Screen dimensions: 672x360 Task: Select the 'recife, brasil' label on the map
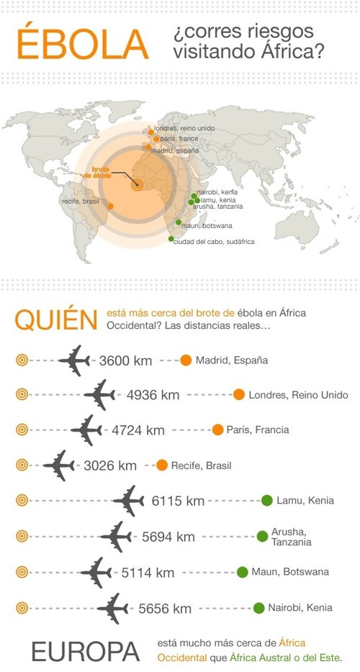tap(81, 201)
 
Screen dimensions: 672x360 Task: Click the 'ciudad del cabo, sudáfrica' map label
tap(214, 242)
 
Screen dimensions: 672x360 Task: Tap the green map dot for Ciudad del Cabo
tap(171, 239)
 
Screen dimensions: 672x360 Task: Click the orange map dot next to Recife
tap(111, 206)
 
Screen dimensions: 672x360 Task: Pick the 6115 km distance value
tap(178, 501)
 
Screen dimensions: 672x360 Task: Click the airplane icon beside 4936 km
tap(99, 395)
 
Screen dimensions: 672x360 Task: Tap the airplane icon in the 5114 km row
tap(96, 573)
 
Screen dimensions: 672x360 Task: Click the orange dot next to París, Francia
tap(217, 430)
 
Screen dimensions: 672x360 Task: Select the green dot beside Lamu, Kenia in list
tap(267, 501)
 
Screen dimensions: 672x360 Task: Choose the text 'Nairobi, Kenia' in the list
tap(300, 608)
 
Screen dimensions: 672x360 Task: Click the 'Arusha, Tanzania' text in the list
tap(292, 537)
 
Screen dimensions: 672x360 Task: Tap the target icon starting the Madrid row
tap(22, 360)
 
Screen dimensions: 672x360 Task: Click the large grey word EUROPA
tap(86, 652)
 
